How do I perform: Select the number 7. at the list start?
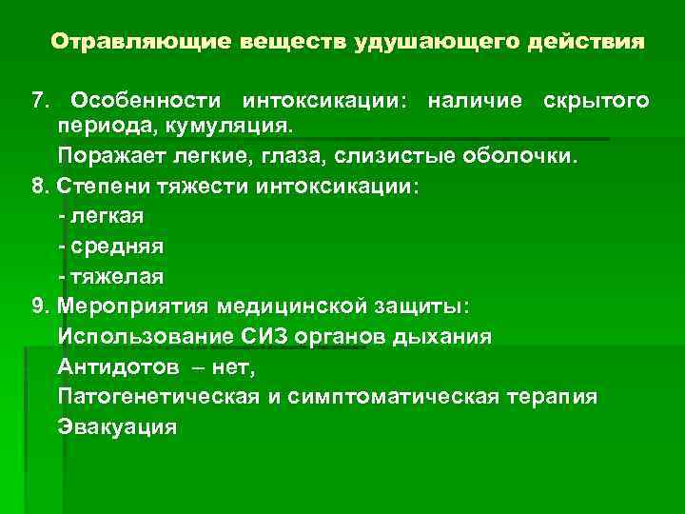pos(42,101)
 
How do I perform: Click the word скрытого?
pos(597,101)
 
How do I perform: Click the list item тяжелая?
pos(115,276)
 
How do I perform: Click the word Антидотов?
pos(118,366)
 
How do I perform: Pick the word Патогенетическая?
pos(157,396)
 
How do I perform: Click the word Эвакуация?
pos(117,426)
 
